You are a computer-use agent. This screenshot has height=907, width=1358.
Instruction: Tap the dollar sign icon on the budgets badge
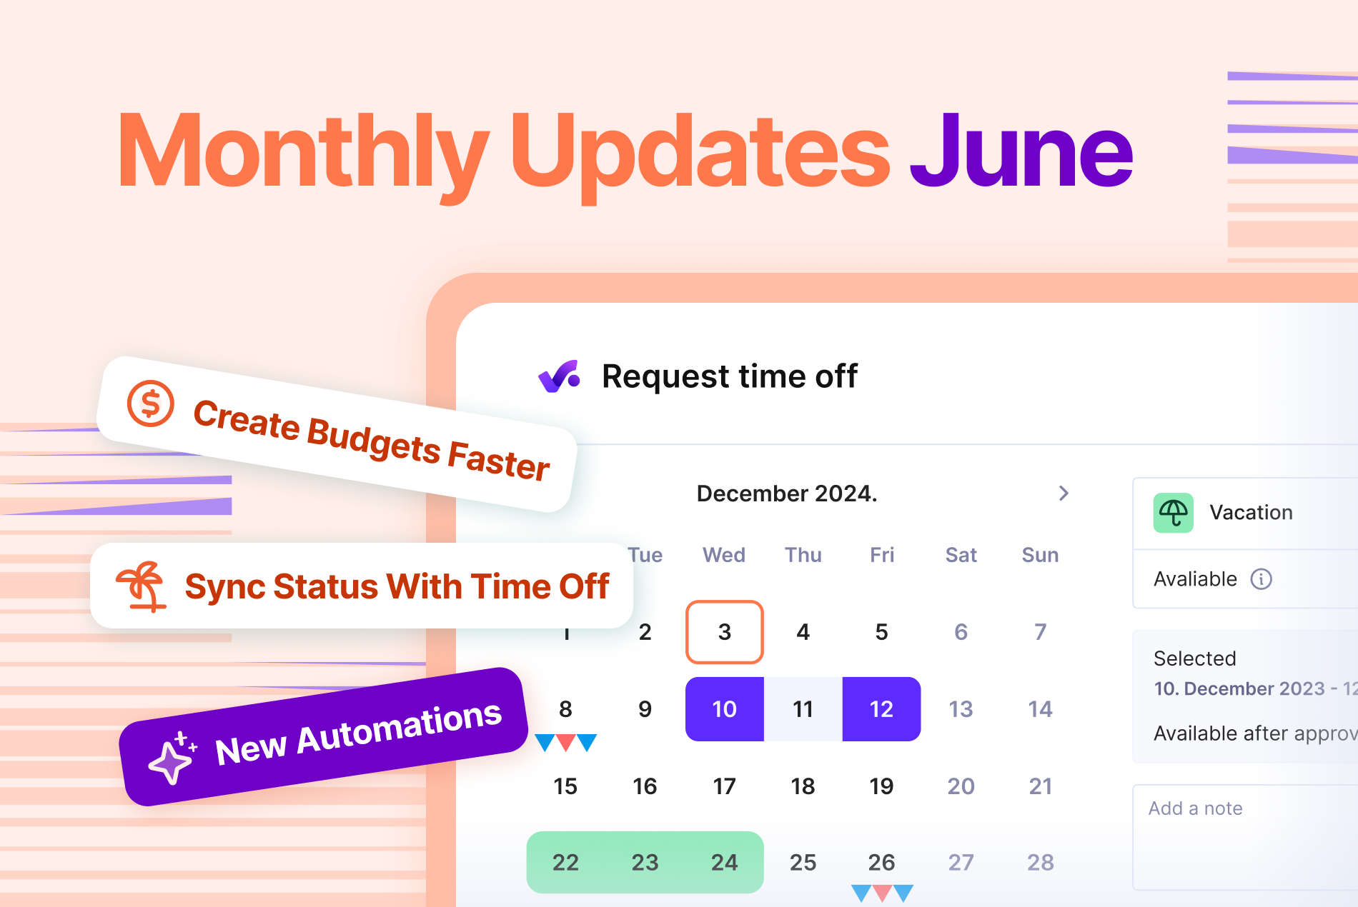[151, 404]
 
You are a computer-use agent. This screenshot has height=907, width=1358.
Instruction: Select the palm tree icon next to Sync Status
[141, 586]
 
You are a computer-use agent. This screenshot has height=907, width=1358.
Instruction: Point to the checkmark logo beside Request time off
[559, 376]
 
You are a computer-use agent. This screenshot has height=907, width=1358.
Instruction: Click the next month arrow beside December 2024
[1064, 493]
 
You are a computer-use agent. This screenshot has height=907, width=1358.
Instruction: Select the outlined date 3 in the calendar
[724, 632]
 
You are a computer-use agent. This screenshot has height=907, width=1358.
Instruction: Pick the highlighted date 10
[724, 709]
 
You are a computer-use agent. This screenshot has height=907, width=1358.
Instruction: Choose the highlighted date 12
[881, 709]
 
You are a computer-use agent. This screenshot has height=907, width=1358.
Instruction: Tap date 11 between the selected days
[803, 709]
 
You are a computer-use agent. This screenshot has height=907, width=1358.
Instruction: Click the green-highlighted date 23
[645, 863]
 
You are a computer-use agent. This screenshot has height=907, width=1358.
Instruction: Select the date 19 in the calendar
[881, 786]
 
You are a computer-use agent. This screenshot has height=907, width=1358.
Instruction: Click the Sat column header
[961, 555]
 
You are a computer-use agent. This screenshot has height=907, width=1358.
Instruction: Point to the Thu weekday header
[803, 555]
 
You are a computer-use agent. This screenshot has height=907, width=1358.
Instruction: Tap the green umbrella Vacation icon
[1173, 513]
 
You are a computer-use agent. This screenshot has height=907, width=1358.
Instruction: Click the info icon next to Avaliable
[1261, 579]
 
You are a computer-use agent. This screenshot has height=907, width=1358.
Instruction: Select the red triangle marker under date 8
[565, 743]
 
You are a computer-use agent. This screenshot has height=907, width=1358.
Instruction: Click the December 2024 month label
[786, 493]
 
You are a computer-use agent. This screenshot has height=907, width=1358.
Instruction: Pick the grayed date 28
[1040, 863]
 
